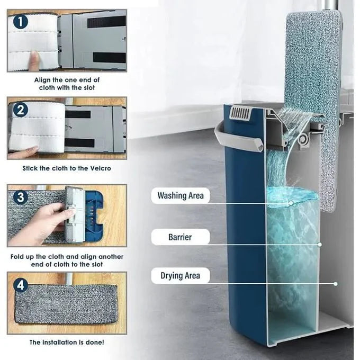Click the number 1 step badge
click(21, 22)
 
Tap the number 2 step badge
click(21, 110)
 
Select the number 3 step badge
click(21, 197)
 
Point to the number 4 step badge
click(21, 285)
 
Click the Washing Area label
click(181, 195)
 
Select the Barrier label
click(180, 237)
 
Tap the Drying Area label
click(180, 275)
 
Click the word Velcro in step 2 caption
click(101, 168)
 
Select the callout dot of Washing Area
click(291, 203)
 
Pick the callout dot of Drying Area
click(336, 284)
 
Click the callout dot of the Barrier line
click(320, 245)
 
